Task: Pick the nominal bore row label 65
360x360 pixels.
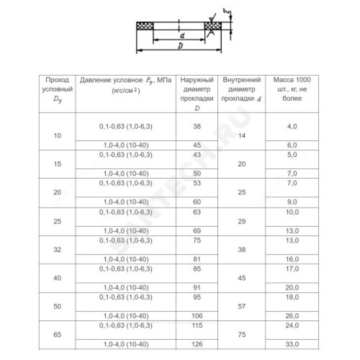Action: click(x=57, y=335)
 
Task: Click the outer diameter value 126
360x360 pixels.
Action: click(x=197, y=345)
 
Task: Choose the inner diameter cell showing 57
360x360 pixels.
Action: click(x=242, y=306)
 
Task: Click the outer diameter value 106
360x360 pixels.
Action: click(x=197, y=315)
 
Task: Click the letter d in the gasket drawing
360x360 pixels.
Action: click(x=180, y=35)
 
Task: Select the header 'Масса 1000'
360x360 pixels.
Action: click(x=292, y=80)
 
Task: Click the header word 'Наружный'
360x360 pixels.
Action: click(x=197, y=80)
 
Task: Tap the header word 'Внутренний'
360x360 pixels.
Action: click(x=242, y=80)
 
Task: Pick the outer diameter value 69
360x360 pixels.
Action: click(x=197, y=231)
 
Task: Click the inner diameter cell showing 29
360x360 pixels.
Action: click(x=242, y=221)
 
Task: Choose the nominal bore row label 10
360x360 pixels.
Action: click(x=57, y=135)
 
